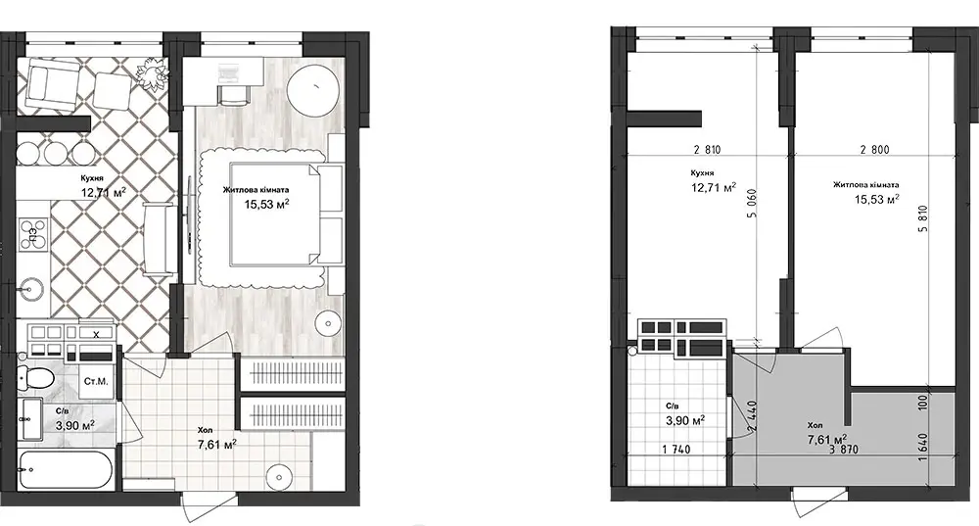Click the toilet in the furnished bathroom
coord(33,378)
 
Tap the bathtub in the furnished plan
coord(65,468)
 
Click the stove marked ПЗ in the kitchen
coord(32,234)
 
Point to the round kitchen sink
coord(29,289)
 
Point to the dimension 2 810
coord(707,150)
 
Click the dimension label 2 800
coord(874,150)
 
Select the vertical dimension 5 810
coord(923,219)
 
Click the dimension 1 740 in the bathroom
coord(676,450)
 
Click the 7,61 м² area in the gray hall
coord(827,439)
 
